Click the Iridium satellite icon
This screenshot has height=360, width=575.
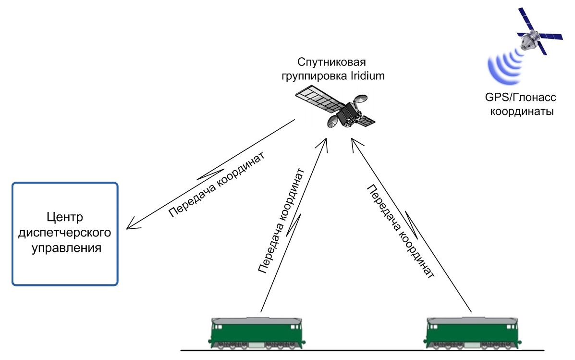(x=336, y=109)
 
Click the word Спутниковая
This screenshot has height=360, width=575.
(x=332, y=62)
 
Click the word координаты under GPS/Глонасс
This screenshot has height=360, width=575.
(x=521, y=112)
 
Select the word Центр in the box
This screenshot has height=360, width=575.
(x=65, y=217)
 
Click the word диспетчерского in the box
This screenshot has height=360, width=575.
(x=65, y=233)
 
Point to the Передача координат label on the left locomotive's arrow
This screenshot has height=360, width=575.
(x=281, y=221)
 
